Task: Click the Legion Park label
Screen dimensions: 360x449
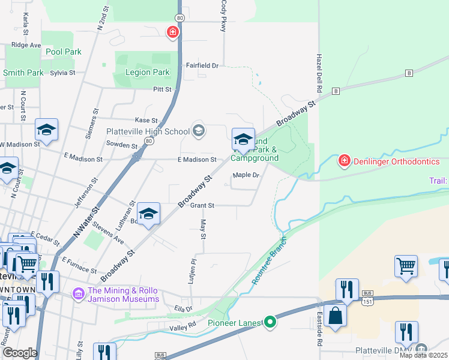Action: point(147,73)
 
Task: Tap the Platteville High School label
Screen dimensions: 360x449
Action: point(148,131)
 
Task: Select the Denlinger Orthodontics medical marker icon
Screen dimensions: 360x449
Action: point(344,160)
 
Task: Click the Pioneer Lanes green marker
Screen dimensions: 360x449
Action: point(271,323)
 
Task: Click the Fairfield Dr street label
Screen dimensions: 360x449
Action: point(202,65)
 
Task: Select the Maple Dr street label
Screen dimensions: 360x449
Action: point(246,175)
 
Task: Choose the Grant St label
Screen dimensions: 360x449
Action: point(202,205)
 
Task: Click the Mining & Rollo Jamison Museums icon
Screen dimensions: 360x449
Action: point(77,294)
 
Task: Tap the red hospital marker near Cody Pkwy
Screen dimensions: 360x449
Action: point(172,32)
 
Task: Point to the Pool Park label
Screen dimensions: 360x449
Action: point(64,52)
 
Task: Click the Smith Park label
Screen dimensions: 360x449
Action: point(23,73)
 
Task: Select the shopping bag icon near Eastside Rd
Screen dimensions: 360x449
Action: point(336,315)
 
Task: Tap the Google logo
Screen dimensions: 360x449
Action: point(20,353)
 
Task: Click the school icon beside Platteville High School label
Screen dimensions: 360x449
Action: point(198,130)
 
